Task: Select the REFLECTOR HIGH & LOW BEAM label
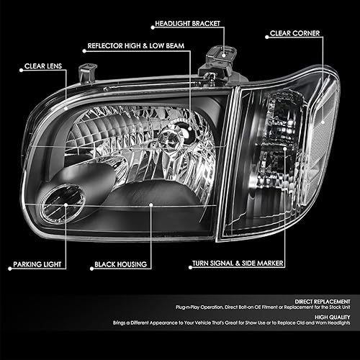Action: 132,45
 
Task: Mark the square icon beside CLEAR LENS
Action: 20,67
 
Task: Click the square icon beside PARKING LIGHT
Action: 8,265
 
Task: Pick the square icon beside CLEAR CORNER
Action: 264,33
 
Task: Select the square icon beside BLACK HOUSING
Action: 90,265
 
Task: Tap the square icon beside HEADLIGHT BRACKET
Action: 150,24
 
